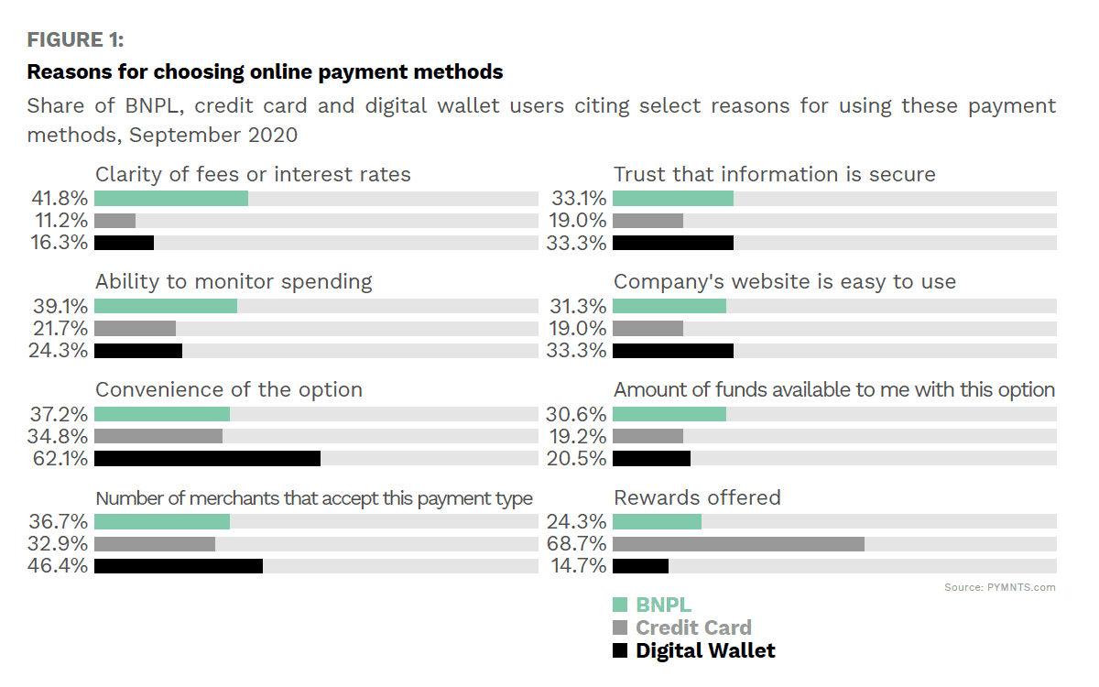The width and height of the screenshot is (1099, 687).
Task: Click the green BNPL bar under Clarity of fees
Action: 171,199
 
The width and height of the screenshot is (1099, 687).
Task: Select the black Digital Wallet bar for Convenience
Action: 207,458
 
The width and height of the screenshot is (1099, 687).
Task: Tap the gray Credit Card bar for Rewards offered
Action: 738,544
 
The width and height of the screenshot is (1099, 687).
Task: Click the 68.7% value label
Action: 579,544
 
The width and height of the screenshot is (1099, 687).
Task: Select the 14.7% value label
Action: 579,566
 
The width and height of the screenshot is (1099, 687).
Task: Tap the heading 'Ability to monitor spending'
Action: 234,281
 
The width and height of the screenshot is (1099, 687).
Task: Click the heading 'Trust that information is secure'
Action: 775,174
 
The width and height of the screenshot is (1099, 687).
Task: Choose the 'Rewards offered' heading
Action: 697,497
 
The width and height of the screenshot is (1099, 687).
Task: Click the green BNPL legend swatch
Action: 620,605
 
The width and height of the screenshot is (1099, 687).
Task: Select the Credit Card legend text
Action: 693,627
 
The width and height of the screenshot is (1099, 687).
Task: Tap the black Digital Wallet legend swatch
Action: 620,651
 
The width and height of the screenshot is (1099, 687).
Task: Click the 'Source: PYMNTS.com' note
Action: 999,587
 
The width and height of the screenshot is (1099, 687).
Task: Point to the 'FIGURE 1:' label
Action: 75,40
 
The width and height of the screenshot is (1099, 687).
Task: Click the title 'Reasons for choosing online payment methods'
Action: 265,71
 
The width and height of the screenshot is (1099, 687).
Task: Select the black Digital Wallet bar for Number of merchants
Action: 179,566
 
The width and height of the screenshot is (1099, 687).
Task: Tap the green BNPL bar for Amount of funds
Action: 669,414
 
